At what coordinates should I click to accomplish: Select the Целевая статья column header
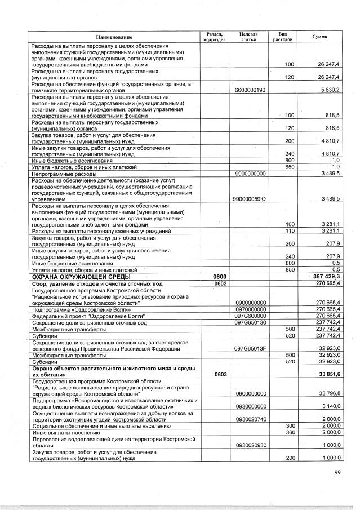[248, 37]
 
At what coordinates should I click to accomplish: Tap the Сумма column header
[319, 37]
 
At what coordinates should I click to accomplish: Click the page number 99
[337, 472]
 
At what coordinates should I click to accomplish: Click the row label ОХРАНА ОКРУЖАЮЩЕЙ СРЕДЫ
[81, 277]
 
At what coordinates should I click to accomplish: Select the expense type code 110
[290, 231]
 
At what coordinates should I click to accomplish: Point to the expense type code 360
[290, 432]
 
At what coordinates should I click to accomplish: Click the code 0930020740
[250, 419]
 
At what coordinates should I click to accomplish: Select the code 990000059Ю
[250, 199]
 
